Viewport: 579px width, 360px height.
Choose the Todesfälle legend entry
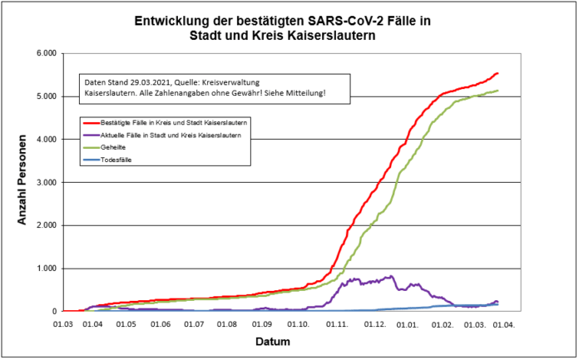[x=118, y=158]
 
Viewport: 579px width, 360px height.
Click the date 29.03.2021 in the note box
[x=155, y=82]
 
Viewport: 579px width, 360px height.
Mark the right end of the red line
[x=497, y=73]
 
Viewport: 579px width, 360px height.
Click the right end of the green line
[x=497, y=91]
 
